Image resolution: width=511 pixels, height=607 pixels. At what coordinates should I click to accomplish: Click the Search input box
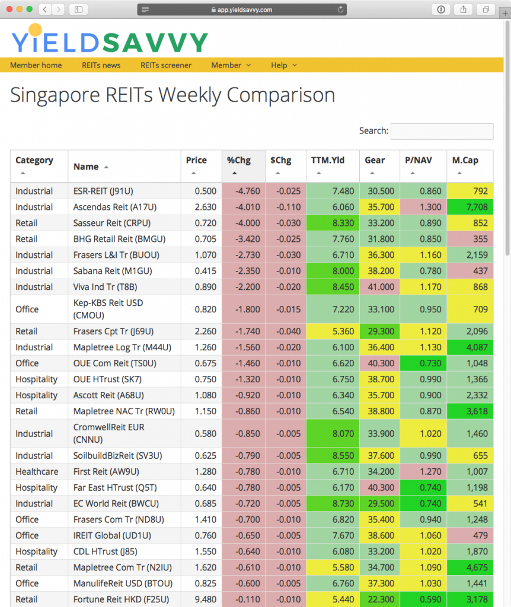[442, 131]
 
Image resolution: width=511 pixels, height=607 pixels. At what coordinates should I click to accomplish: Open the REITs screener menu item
[166, 65]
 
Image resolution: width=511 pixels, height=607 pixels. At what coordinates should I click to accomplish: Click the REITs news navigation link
[101, 65]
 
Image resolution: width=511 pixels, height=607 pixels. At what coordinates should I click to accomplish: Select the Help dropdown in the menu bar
[284, 65]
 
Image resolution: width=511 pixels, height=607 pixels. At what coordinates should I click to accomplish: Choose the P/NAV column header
[417, 161]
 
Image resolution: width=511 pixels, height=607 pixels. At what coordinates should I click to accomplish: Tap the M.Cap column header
[465, 161]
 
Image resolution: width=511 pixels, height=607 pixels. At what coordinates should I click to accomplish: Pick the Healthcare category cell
[37, 471]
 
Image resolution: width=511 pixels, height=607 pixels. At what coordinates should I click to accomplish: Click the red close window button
[9, 9]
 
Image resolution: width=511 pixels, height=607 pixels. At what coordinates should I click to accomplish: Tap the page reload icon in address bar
[340, 9]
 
